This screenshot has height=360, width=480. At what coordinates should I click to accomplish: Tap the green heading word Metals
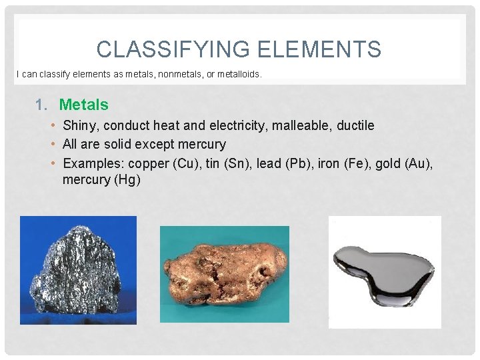pyautogui.click(x=83, y=105)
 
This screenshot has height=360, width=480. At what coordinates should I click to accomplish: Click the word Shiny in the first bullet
pyautogui.click(x=77, y=125)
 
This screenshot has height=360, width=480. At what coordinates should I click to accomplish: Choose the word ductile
pyautogui.click(x=352, y=125)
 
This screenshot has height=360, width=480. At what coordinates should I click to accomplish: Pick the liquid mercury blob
pyautogui.click(x=383, y=270)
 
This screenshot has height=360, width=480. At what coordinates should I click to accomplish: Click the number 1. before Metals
pyautogui.click(x=42, y=105)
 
